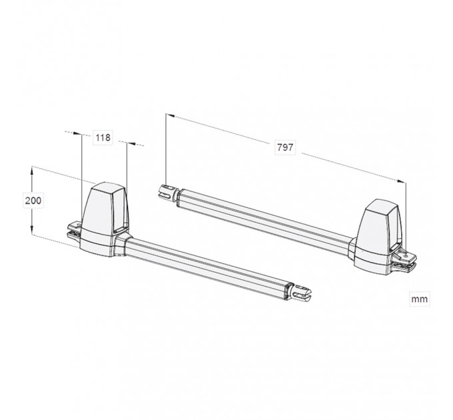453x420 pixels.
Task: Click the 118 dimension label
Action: pos(103,137)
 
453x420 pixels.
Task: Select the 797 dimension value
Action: pos(285,147)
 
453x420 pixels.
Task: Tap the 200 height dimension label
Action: pos(33,200)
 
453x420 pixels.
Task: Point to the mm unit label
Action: pos(419,299)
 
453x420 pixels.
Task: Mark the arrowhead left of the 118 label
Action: pos(77,133)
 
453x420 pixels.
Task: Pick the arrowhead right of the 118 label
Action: pos(131,143)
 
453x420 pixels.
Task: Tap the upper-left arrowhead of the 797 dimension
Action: pos(170,115)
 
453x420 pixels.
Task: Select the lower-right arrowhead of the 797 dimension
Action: pos(401,181)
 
